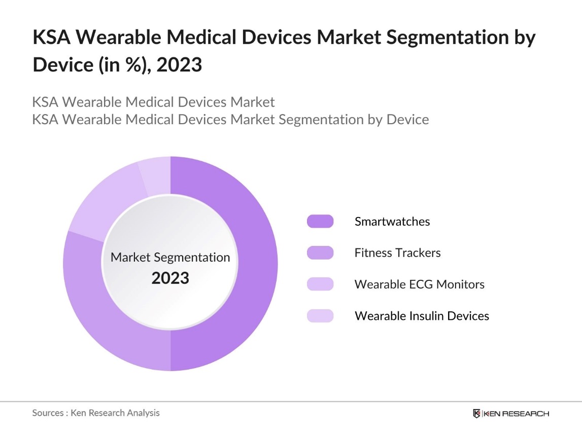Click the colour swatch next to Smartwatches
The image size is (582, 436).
(x=320, y=222)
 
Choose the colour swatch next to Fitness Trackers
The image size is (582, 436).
(x=320, y=252)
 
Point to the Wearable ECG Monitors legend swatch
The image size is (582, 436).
(x=320, y=284)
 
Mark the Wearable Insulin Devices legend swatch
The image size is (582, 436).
(x=320, y=316)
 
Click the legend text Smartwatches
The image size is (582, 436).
(x=392, y=222)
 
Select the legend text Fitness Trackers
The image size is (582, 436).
(x=397, y=252)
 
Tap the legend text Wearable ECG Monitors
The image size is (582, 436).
(x=419, y=284)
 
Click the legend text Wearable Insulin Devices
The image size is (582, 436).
(x=422, y=316)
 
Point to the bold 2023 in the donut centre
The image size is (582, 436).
(x=170, y=278)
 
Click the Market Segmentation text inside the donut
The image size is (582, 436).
(x=170, y=258)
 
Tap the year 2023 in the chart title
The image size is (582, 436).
(x=180, y=65)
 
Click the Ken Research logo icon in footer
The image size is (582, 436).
(x=476, y=414)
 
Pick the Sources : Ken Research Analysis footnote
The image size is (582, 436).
(x=96, y=413)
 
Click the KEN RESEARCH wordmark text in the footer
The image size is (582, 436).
(x=516, y=414)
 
